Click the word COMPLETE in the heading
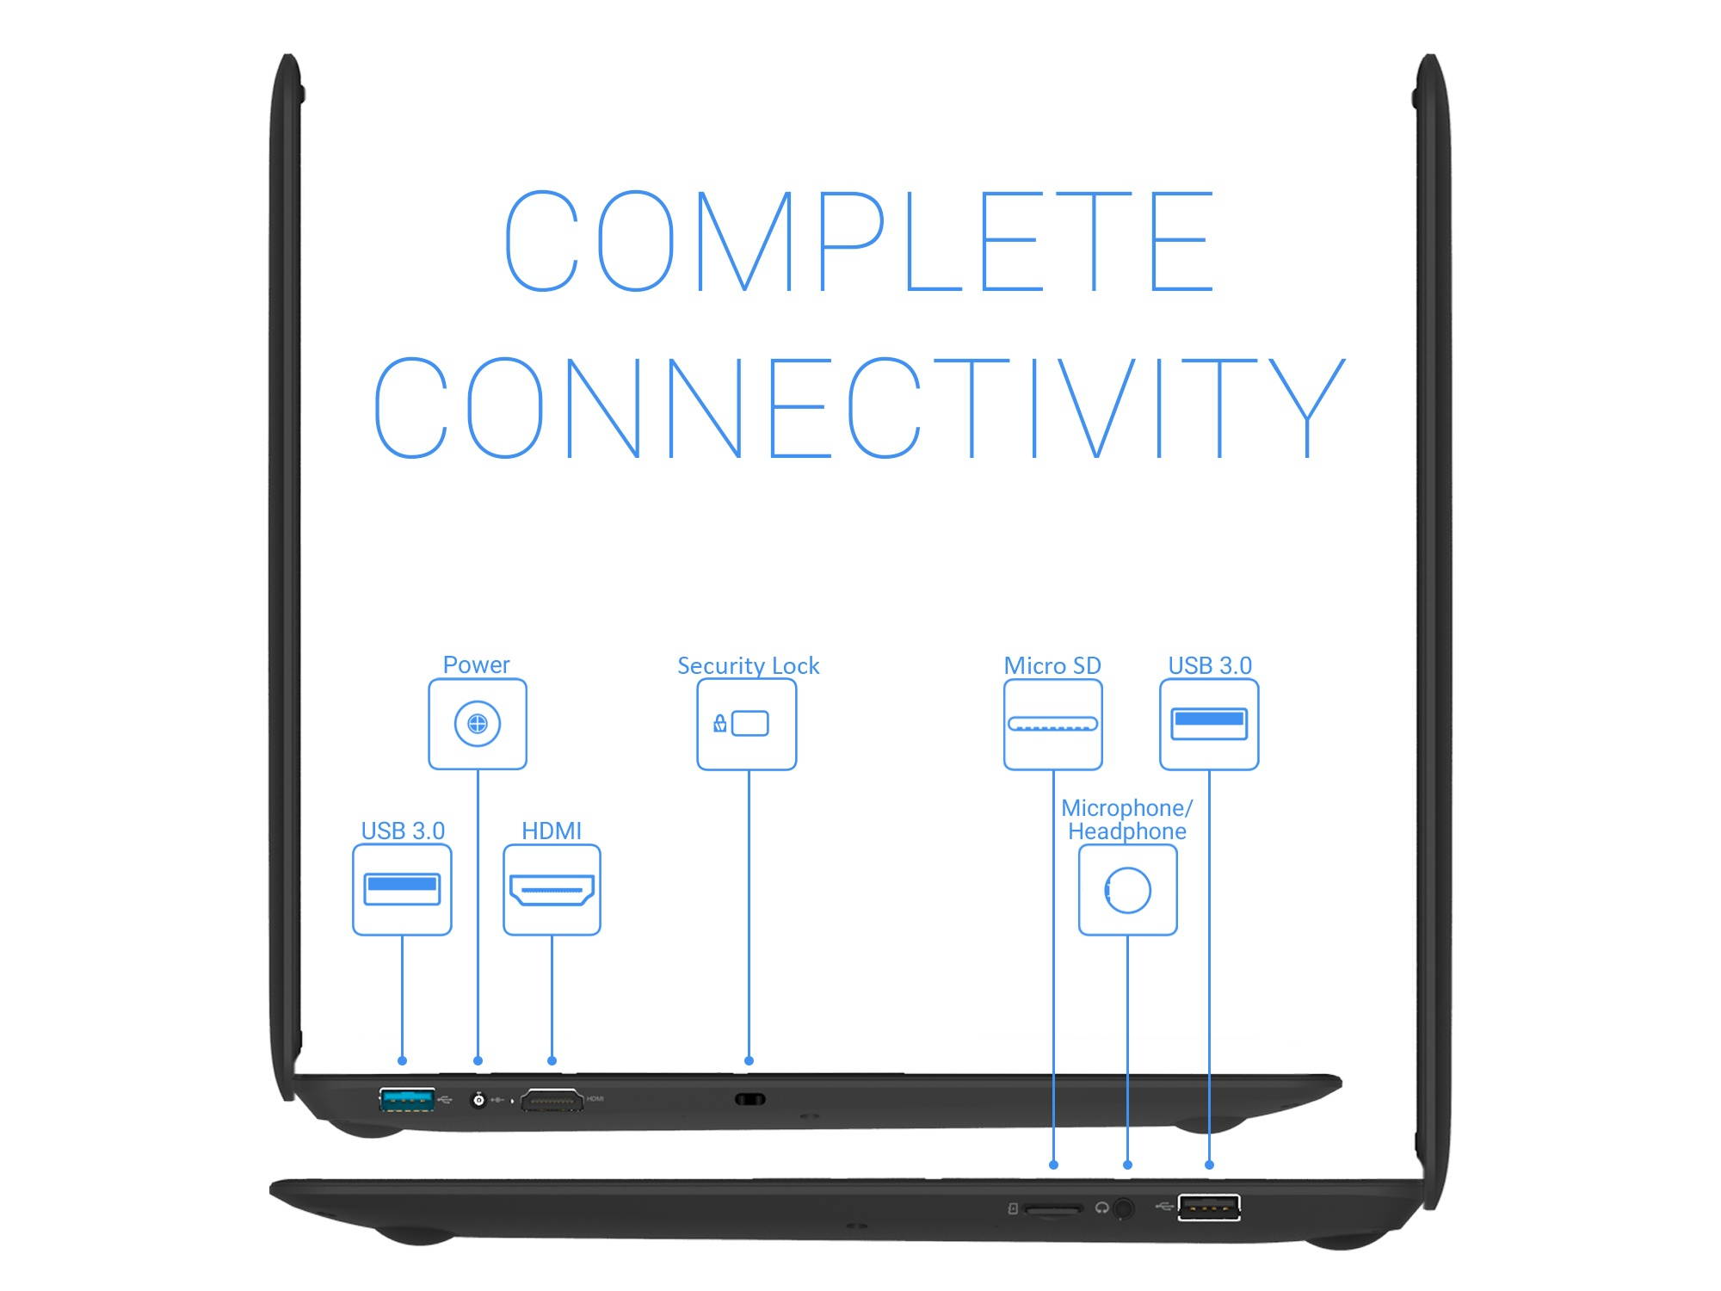(859, 241)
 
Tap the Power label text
(476, 664)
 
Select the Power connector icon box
(478, 724)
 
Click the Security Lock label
(748, 665)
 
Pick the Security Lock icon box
(747, 724)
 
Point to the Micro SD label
(1052, 665)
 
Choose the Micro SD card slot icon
(1052, 724)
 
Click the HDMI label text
(552, 831)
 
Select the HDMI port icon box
(552, 889)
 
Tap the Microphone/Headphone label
(1127, 819)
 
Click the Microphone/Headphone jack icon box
(1127, 889)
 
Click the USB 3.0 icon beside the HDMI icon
(402, 889)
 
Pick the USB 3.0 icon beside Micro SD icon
(1209, 724)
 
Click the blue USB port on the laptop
(407, 1099)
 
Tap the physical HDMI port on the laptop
(552, 1100)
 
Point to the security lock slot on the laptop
(749, 1099)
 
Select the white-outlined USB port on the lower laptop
(1209, 1208)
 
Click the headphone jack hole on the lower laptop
(1124, 1208)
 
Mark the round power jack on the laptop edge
(478, 1100)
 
